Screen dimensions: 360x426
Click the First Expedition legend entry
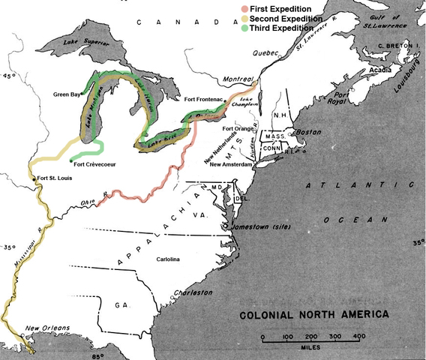coord(271,8)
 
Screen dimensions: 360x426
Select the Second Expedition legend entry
coord(276,18)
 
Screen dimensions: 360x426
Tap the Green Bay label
coord(67,95)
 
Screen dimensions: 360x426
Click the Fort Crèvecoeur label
coord(95,164)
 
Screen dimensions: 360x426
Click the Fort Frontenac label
coord(205,99)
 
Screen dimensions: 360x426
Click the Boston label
coord(310,132)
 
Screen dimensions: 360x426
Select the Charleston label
coord(208,291)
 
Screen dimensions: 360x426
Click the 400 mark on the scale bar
coord(358,337)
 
